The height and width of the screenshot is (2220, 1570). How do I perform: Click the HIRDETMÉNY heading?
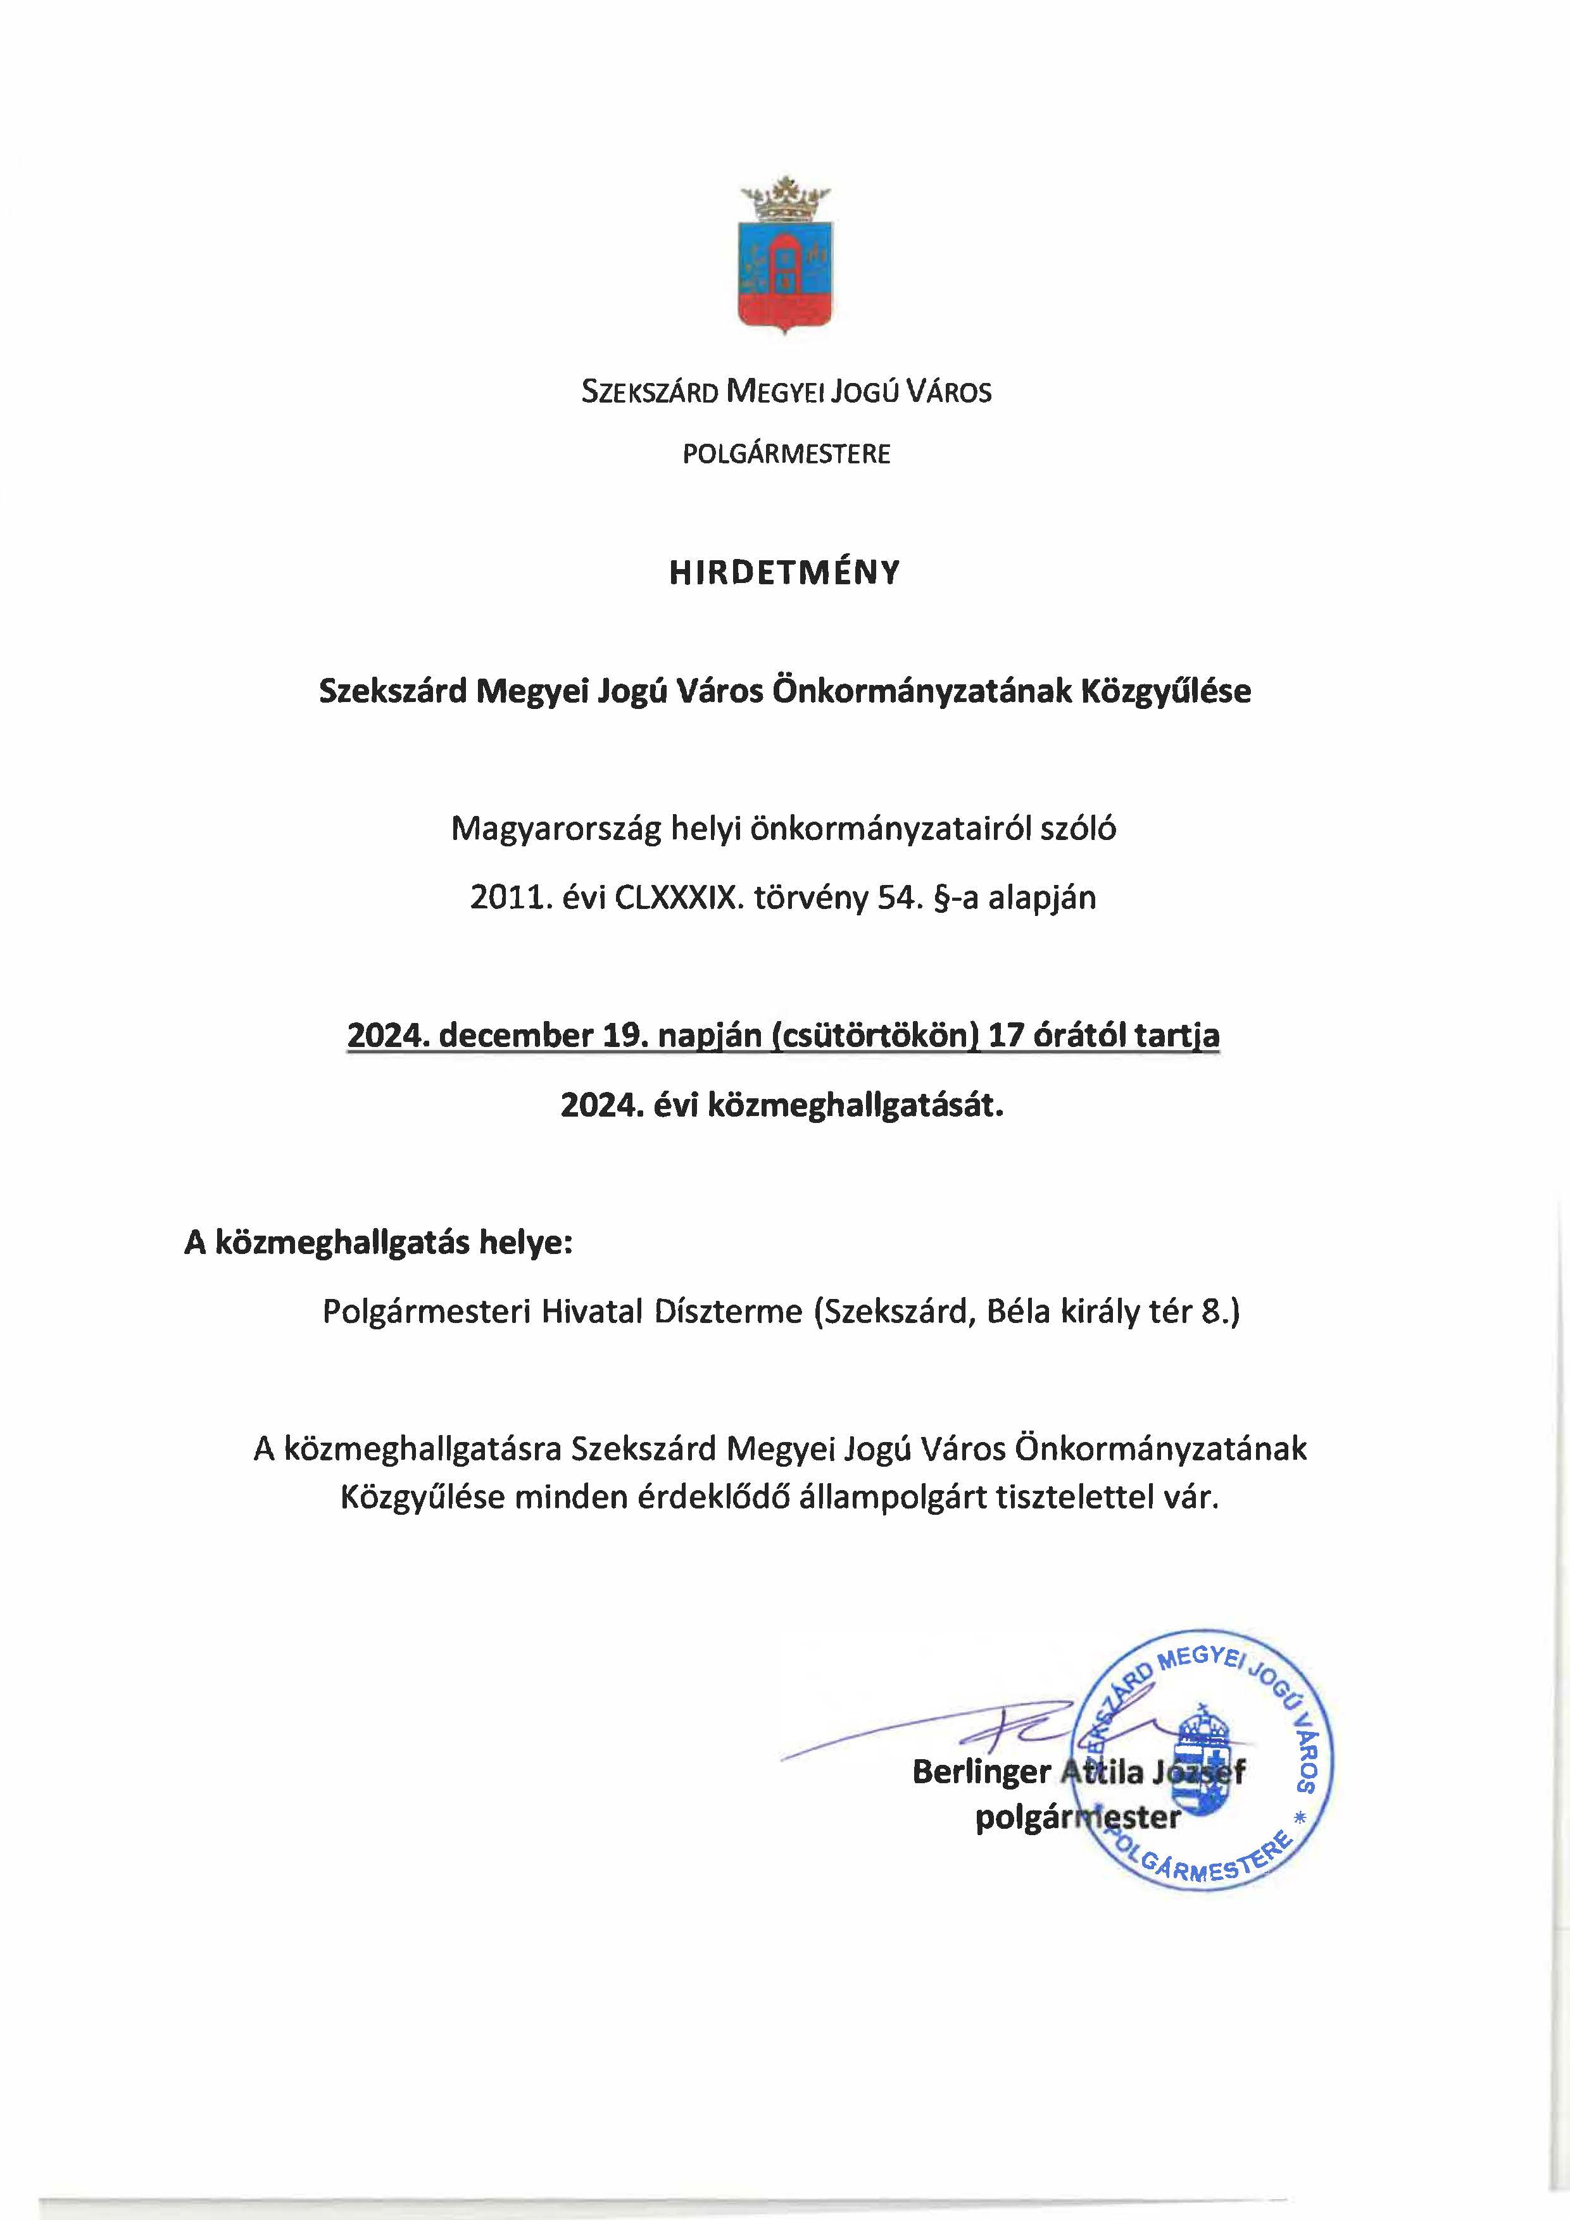(784, 572)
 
